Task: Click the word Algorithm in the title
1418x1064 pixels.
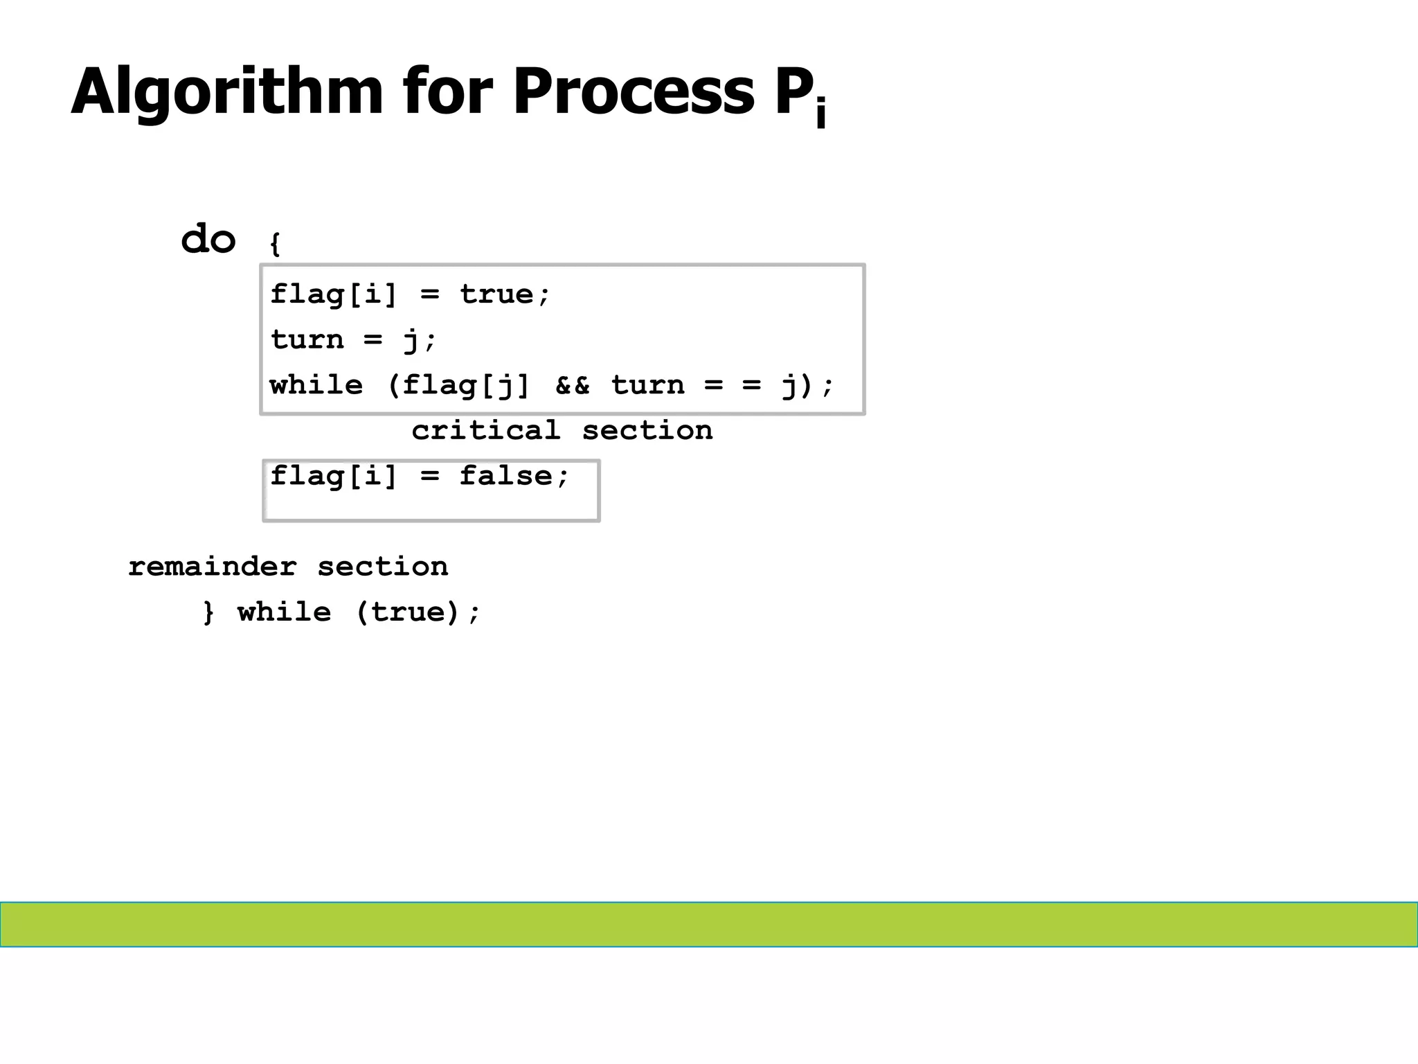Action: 226,91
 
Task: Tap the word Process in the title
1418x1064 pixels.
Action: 634,91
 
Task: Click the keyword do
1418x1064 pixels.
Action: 208,239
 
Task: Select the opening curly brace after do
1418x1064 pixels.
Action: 275,244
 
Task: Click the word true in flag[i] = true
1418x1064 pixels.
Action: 496,294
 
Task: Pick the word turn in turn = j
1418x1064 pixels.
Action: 307,339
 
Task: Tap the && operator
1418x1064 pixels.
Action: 573,385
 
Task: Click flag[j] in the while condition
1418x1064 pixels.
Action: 465,385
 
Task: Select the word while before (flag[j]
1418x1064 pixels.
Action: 316,385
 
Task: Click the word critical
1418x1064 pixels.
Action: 485,430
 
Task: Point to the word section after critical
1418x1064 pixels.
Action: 647,430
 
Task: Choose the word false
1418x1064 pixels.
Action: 506,476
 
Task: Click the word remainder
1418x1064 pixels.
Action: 212,567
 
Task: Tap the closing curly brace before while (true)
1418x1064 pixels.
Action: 208,612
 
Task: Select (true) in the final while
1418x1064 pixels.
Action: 408,612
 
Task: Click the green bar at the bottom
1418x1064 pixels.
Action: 709,924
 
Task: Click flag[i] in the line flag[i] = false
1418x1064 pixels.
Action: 334,476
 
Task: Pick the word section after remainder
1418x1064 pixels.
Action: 382,567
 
